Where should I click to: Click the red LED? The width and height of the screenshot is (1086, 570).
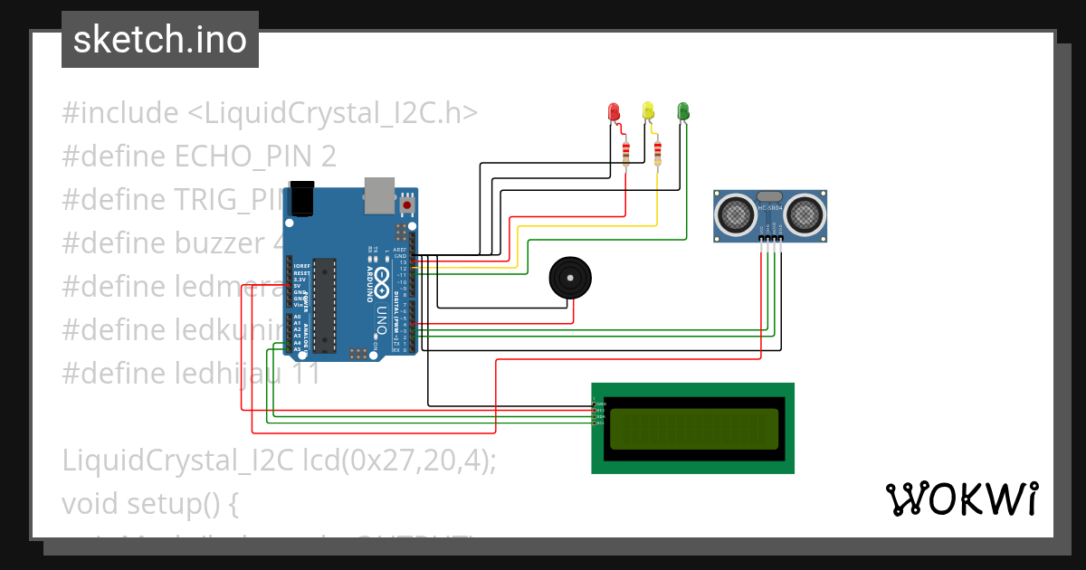click(614, 111)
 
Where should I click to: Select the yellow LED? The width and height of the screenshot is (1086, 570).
click(648, 110)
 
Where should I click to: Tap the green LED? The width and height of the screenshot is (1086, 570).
click(683, 110)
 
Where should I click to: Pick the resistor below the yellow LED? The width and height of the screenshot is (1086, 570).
click(657, 154)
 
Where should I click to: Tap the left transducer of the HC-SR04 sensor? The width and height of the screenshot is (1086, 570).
click(735, 214)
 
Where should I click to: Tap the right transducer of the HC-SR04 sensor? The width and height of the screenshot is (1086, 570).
click(804, 214)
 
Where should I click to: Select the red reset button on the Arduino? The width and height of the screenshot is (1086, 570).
click(407, 205)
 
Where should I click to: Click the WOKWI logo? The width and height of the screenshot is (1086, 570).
click(961, 499)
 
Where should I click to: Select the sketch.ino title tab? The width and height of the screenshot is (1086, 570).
click(159, 40)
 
